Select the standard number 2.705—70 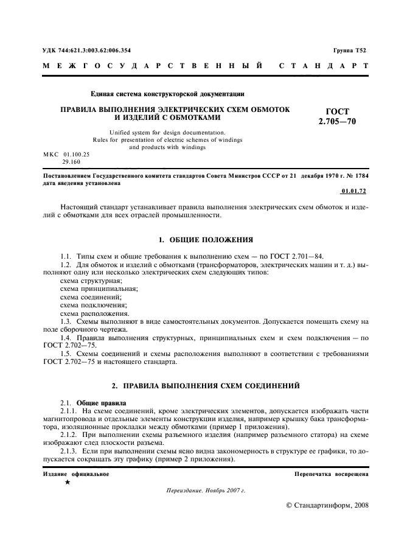337,122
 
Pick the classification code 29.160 71,162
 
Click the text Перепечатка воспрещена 331,474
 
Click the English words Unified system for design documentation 167,133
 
